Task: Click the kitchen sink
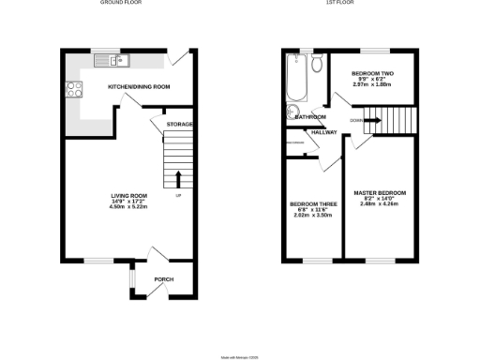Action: pyautogui.click(x=116, y=61)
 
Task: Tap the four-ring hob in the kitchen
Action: pyautogui.click(x=71, y=91)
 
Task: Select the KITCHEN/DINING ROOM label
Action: pyautogui.click(x=139, y=86)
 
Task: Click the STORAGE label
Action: pyautogui.click(x=180, y=124)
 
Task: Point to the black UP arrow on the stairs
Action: pyautogui.click(x=177, y=176)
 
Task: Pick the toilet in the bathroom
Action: pyautogui.click(x=318, y=64)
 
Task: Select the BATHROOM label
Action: pyautogui.click(x=309, y=117)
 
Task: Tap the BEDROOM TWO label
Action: pyautogui.click(x=371, y=73)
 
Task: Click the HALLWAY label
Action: pyautogui.click(x=323, y=132)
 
